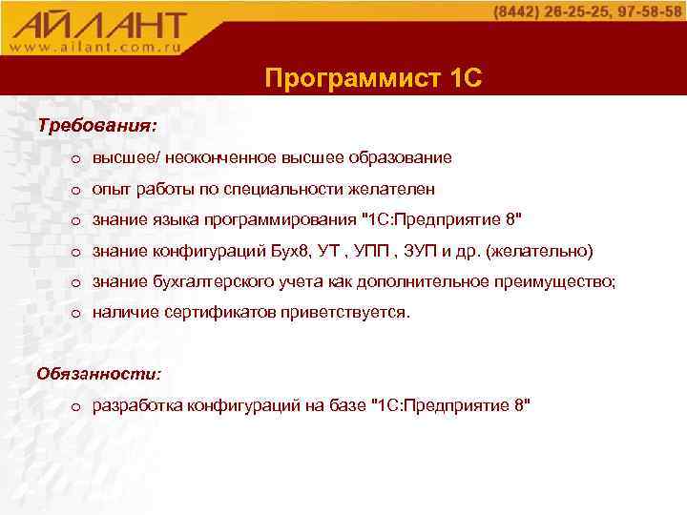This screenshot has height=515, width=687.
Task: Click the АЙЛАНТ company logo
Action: click(100, 23)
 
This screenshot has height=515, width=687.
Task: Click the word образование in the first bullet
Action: click(404, 157)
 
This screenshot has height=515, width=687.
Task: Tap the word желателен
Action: click(390, 190)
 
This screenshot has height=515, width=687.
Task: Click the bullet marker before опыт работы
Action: click(75, 191)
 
